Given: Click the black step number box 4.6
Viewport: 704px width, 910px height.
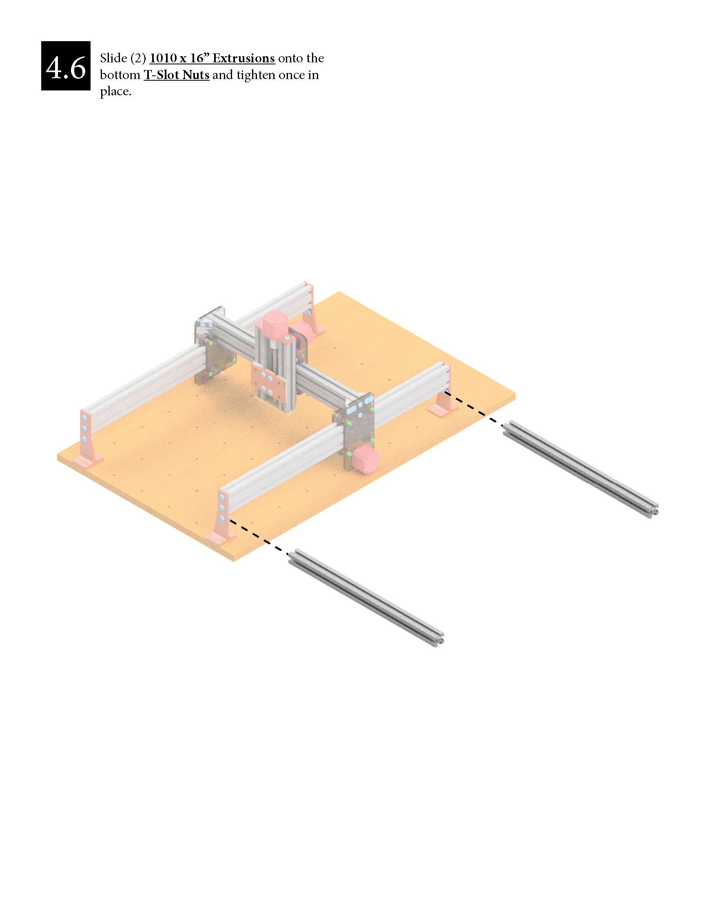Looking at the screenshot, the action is click(x=66, y=66).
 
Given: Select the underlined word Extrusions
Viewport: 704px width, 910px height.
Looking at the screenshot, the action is click(x=244, y=58).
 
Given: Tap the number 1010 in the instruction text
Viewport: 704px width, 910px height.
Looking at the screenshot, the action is click(x=163, y=58).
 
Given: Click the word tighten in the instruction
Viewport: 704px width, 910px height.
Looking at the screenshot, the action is click(x=257, y=76).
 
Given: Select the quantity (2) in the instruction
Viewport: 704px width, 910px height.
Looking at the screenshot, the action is click(x=138, y=58).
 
